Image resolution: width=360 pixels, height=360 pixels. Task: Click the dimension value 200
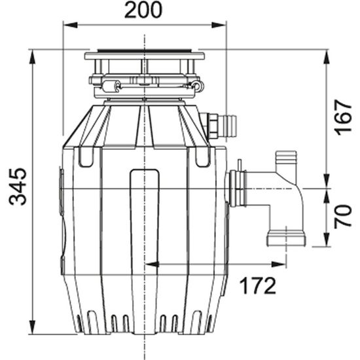click(x=144, y=11)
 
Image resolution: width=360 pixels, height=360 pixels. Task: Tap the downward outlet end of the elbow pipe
click(x=286, y=238)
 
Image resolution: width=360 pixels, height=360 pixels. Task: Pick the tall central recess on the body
click(x=144, y=216)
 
